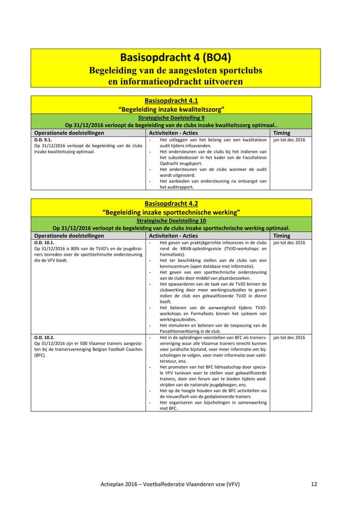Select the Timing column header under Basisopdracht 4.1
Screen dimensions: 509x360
point(283,132)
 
